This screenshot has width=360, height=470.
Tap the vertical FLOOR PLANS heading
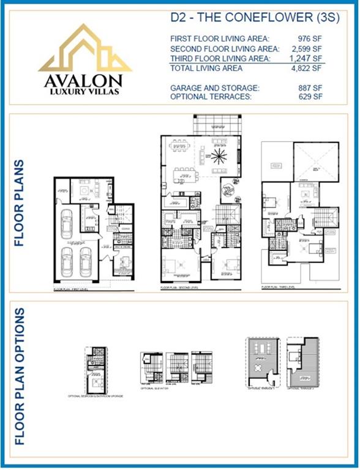coord(20,203)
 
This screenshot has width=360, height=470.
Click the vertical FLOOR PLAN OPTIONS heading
coord(20,376)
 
